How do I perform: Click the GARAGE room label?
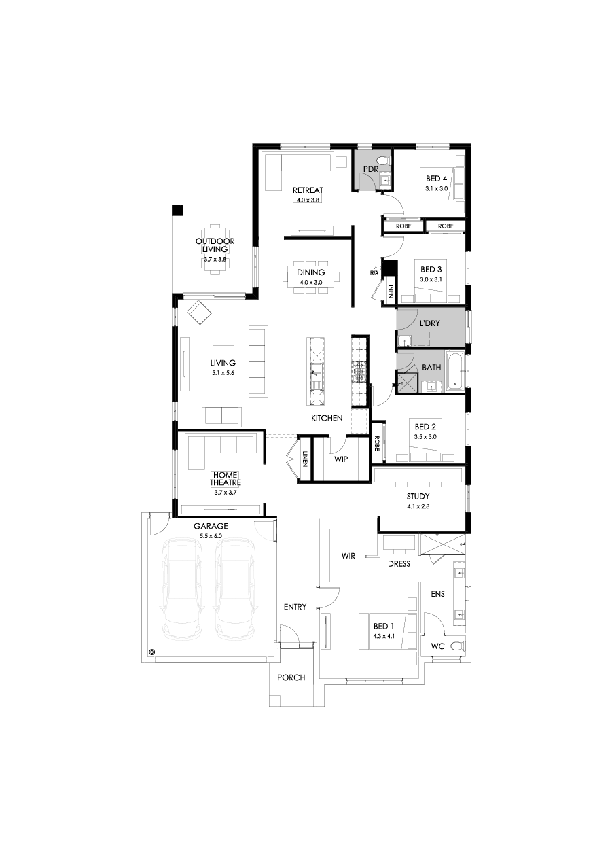click(x=211, y=526)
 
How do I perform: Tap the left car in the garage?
click(x=181, y=589)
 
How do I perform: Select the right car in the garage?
click(x=235, y=589)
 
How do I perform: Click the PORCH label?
click(x=291, y=677)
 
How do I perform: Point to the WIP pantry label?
click(x=341, y=459)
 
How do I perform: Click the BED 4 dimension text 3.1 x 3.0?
click(x=437, y=188)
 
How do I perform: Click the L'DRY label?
click(x=429, y=323)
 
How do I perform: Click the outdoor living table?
click(x=215, y=249)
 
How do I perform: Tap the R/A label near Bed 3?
click(x=374, y=273)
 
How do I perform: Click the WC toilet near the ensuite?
click(x=457, y=645)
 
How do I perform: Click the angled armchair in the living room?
click(x=200, y=313)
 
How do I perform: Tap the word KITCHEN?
click(x=327, y=419)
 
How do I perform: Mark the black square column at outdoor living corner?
click(x=178, y=210)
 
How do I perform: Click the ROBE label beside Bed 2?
click(x=377, y=444)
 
